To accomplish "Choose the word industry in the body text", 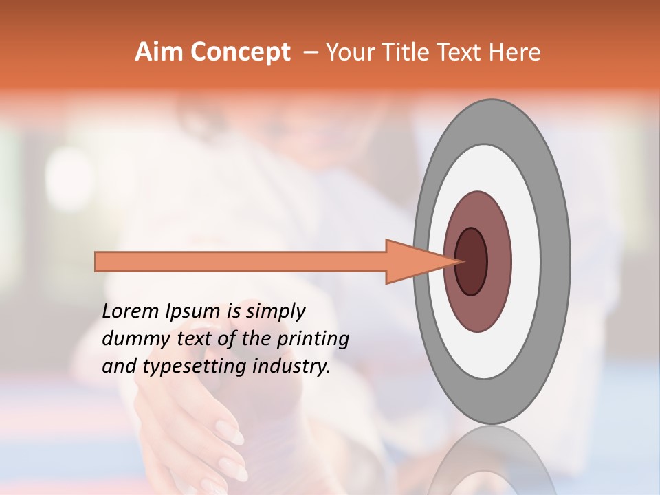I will point(290,366).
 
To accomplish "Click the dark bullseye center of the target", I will point(472,261).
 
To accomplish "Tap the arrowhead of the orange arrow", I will point(412,262).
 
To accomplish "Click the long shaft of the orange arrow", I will point(241,262).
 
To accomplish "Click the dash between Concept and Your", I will point(310,53).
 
